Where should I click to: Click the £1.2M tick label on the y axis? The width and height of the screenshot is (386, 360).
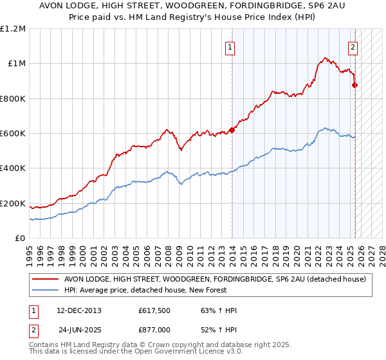(x=14, y=29)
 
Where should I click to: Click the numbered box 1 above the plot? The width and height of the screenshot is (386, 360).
(x=230, y=46)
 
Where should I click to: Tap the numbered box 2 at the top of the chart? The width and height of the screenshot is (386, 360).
(x=353, y=46)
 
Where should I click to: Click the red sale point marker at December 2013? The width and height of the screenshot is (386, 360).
(x=232, y=130)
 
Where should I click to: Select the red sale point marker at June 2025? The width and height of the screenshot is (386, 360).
(x=354, y=85)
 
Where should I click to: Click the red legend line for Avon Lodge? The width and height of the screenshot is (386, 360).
(x=46, y=279)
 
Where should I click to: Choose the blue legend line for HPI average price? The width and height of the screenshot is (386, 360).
(x=46, y=291)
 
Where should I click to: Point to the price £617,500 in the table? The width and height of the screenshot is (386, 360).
(x=155, y=310)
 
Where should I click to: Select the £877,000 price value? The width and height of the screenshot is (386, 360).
(x=155, y=329)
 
